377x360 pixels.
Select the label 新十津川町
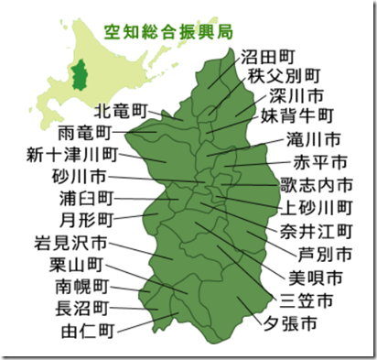tap(72, 153)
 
